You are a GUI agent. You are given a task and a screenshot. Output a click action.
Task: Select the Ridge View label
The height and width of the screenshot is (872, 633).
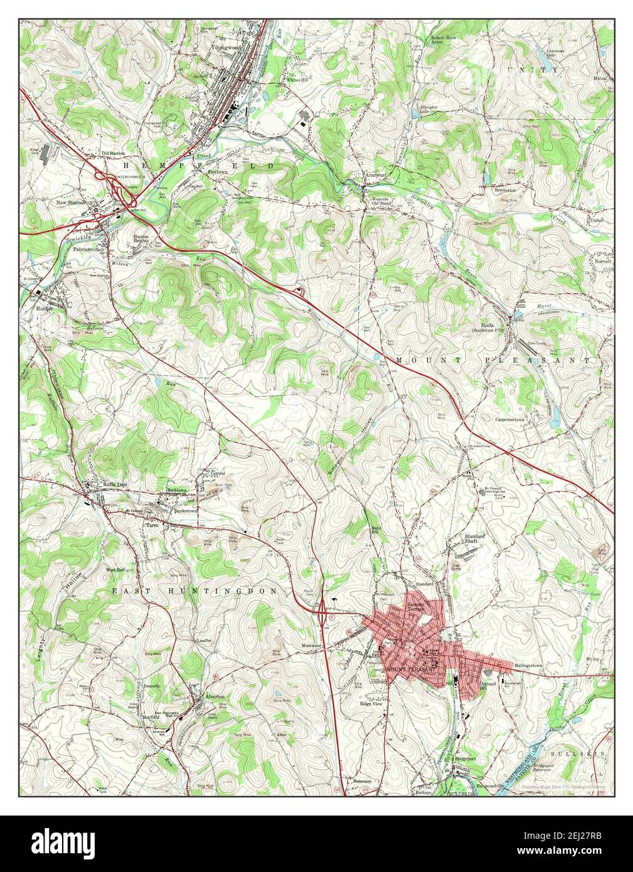click(371, 704)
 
